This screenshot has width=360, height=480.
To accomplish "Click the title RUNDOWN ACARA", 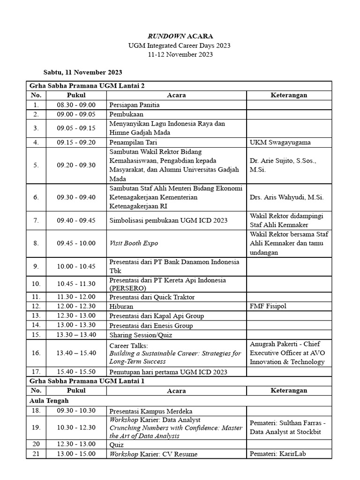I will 180,36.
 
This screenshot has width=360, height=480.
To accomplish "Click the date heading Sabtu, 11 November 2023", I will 82,72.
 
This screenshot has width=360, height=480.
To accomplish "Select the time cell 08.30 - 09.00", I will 76,105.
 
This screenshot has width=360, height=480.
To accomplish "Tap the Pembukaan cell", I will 126,114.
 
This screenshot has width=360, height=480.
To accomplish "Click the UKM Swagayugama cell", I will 280,142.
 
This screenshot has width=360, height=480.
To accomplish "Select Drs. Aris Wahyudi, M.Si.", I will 286,197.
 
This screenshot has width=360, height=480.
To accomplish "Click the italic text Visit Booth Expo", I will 134,243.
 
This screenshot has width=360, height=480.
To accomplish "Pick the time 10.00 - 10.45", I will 76,266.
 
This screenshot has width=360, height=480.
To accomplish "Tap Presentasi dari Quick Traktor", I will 152,297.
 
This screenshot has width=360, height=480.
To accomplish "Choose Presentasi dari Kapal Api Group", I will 157,316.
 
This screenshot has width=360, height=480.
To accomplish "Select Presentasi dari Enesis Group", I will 151,325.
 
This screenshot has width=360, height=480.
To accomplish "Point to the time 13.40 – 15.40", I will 76,353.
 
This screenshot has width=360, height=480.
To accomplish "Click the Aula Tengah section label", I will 49,401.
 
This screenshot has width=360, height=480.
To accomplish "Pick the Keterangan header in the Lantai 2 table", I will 289,95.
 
